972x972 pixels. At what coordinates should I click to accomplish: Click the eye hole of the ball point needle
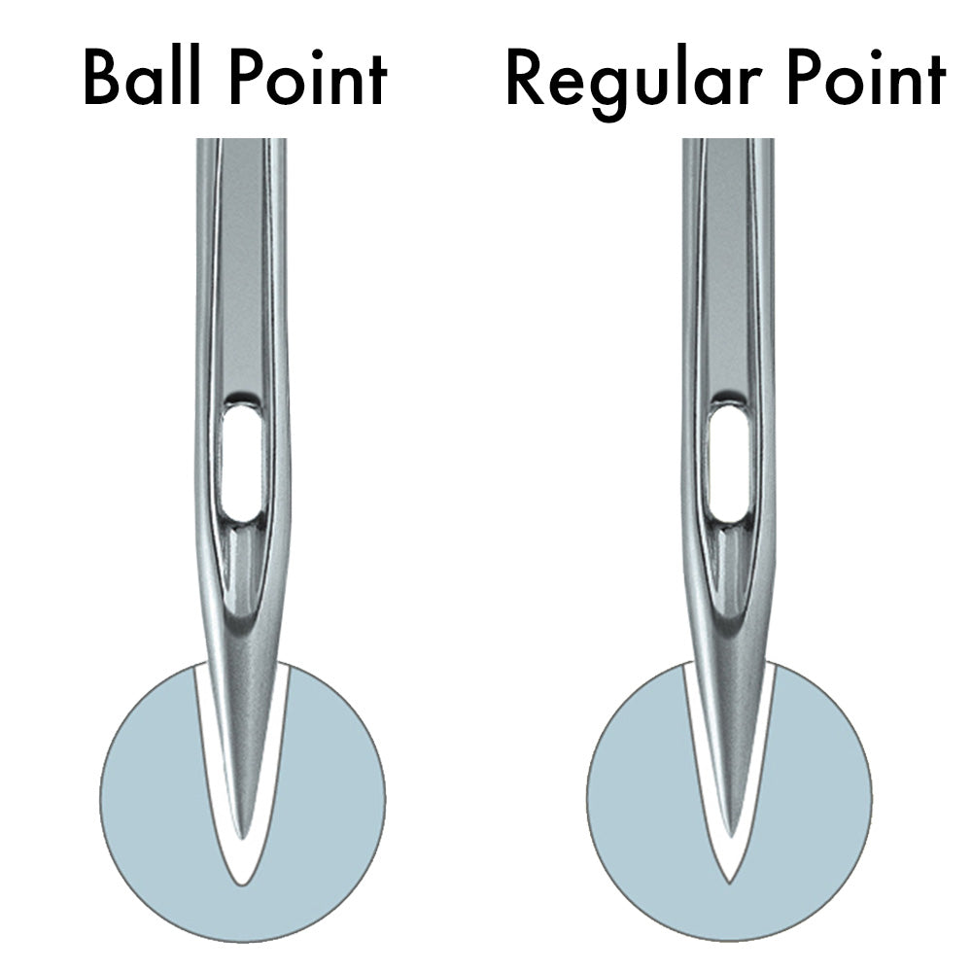coord(242,464)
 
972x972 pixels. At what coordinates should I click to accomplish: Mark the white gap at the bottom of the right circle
coord(729,865)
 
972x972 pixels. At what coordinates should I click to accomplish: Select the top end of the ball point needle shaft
coord(242,146)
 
